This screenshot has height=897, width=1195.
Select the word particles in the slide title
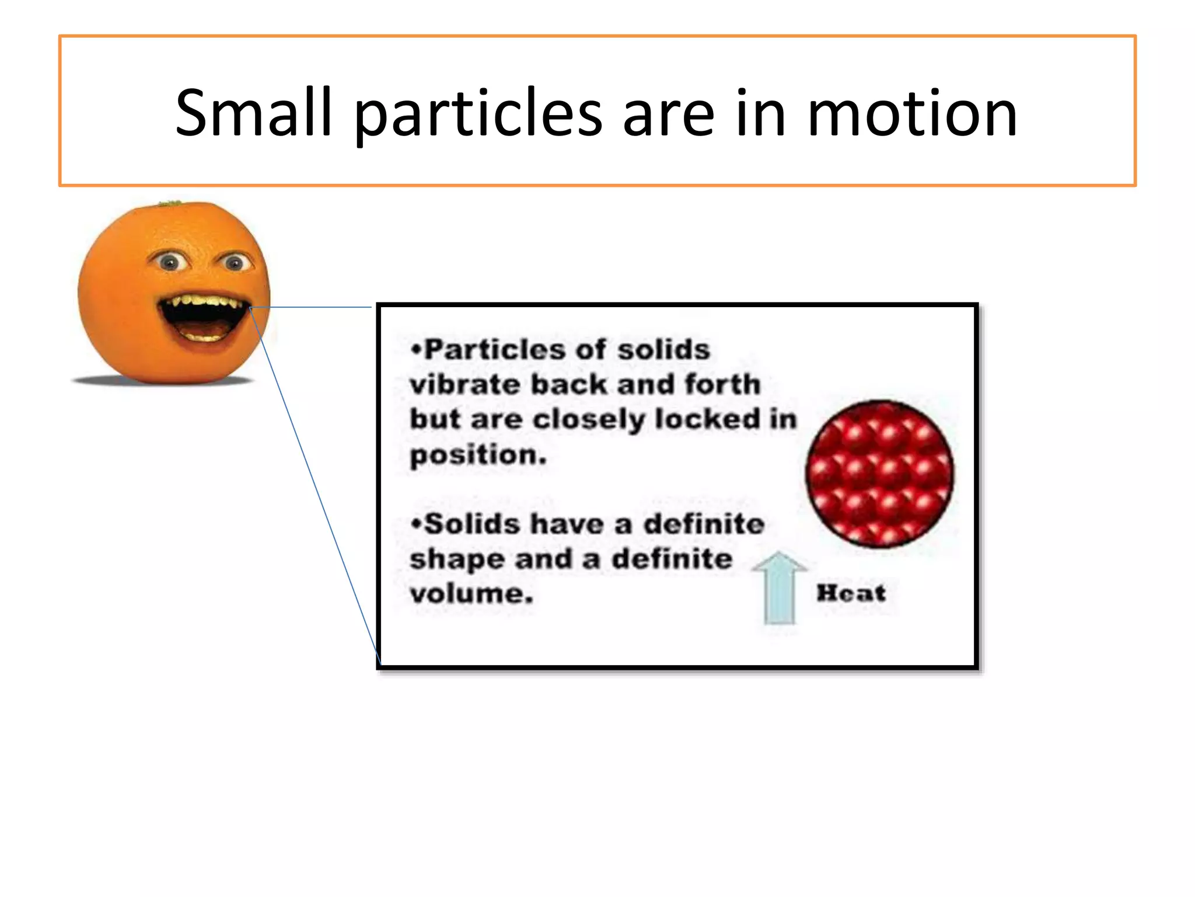[x=478, y=114]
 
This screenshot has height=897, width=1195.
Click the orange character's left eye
[x=170, y=262]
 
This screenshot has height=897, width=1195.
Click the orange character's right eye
[x=235, y=263]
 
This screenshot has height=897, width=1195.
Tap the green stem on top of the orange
[x=170, y=203]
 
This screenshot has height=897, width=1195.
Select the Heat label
[x=851, y=593]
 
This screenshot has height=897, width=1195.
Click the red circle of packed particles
[x=879, y=474]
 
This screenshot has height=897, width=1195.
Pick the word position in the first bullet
[x=478, y=456]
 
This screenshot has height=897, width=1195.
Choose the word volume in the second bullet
[x=471, y=594]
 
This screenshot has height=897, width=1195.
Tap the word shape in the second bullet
[x=456, y=559]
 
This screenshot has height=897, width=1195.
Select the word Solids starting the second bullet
[x=471, y=524]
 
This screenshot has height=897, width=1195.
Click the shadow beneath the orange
[x=163, y=381]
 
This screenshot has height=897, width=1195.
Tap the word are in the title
[x=668, y=114]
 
